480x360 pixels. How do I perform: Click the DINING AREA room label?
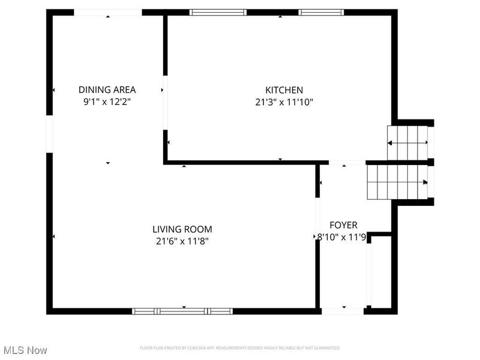107,90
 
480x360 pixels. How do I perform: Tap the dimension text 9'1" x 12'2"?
107,102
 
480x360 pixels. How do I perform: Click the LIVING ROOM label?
182,229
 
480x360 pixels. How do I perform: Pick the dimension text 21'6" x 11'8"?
182,241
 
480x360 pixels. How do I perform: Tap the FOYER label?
343,225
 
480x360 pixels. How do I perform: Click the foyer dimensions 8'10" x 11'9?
341,237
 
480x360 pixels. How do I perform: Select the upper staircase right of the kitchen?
408,142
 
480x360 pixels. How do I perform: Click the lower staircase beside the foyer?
397,182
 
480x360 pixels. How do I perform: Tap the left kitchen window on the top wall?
218,12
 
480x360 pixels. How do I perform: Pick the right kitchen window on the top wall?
322,12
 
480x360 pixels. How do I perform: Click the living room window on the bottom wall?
182,311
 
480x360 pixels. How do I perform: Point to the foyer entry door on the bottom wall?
343,311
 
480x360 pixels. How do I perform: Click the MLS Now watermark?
25,350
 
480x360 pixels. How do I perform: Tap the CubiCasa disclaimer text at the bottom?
240,348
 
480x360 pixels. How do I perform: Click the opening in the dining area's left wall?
50,134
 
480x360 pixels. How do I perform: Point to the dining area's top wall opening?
108,12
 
